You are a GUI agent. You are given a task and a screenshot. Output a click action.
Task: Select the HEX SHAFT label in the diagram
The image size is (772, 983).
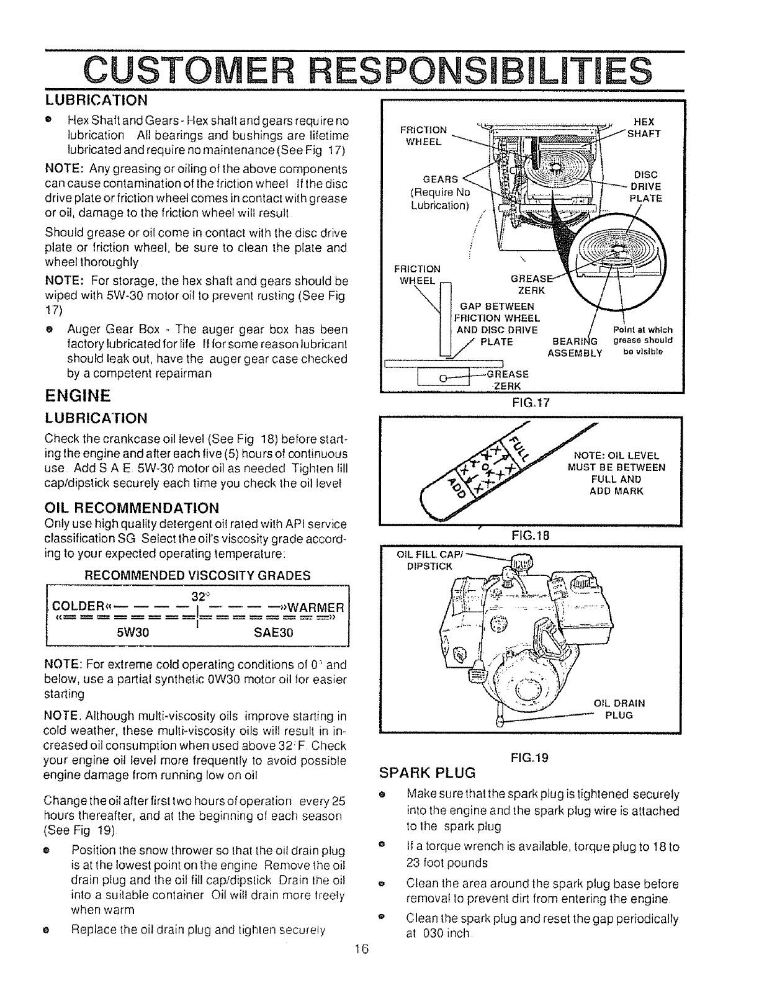coord(645,128)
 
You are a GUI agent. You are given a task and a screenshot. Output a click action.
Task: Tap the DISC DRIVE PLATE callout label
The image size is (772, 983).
coord(645,186)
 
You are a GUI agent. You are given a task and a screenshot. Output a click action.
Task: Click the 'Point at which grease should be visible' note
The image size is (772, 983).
coord(642,340)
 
